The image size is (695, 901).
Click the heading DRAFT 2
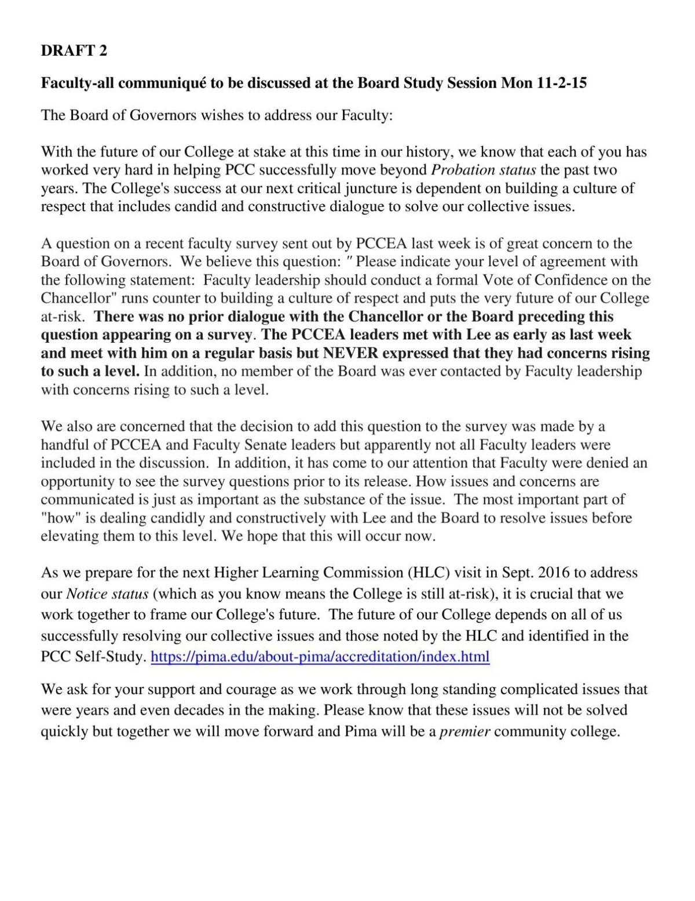coord(74,51)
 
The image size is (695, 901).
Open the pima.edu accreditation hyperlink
coord(320,656)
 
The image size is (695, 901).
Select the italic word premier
coord(465,731)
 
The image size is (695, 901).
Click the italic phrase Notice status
coord(108,594)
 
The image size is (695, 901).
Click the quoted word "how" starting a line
coord(58,518)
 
